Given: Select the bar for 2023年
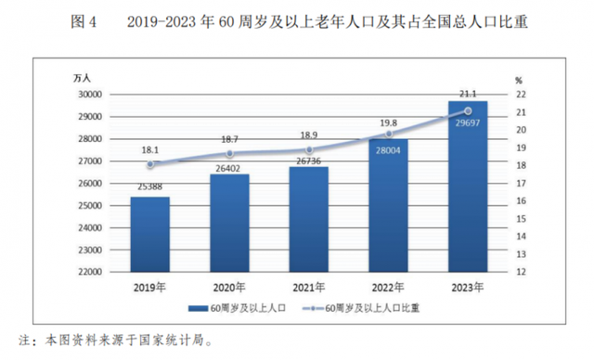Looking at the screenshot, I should [x=467, y=186].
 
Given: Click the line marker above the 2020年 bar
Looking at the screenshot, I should [x=229, y=154].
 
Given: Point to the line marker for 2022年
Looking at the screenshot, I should [x=388, y=135].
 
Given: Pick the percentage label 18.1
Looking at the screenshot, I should [x=149, y=148].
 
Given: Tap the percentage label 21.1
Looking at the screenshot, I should [x=467, y=94].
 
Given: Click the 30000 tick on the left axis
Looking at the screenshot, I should [x=89, y=94].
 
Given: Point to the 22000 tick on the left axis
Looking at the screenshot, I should [x=89, y=272].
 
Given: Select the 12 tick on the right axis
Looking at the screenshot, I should [x=521, y=272].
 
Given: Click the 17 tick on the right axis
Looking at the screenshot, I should [x=521, y=183].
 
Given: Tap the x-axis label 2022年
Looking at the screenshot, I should [x=388, y=287].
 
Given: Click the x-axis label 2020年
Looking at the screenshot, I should [x=229, y=287].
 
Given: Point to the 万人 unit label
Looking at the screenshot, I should [x=84, y=77].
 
